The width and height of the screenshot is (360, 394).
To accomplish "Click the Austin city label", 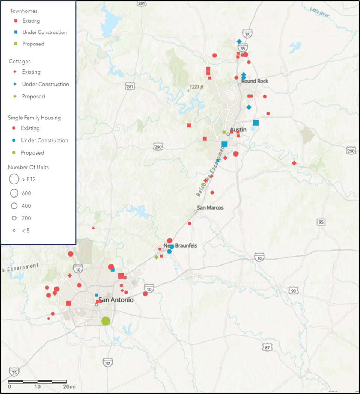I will tap(238, 130).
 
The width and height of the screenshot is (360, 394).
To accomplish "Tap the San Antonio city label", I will tap(116, 300).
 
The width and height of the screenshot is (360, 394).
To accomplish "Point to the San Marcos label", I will tap(210, 208).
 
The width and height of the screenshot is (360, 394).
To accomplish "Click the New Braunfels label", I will tap(180, 246).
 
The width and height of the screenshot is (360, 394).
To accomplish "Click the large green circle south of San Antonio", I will tap(106, 321).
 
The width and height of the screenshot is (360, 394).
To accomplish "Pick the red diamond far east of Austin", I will tap(294, 163).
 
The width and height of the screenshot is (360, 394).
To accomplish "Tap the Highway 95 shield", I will tap(321, 222).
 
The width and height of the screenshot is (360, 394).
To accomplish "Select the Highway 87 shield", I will tap(267, 348).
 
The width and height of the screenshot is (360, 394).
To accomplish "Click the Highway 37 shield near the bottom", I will tap(108, 363).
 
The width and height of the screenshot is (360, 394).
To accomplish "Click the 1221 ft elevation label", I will tap(196, 87).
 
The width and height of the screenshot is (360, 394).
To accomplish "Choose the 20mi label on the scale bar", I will tap(69, 386).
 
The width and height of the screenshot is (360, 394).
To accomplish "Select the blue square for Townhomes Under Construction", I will tap(15, 32).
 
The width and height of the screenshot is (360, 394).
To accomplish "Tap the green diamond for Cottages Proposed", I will tap(15, 97).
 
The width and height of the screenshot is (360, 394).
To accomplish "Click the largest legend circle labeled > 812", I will tap(14, 179).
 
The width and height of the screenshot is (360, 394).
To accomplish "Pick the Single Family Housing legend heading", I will tap(34, 118).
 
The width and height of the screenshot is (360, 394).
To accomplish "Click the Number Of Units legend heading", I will tap(28, 167).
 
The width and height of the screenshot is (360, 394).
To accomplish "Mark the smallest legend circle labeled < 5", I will tap(14, 231).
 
